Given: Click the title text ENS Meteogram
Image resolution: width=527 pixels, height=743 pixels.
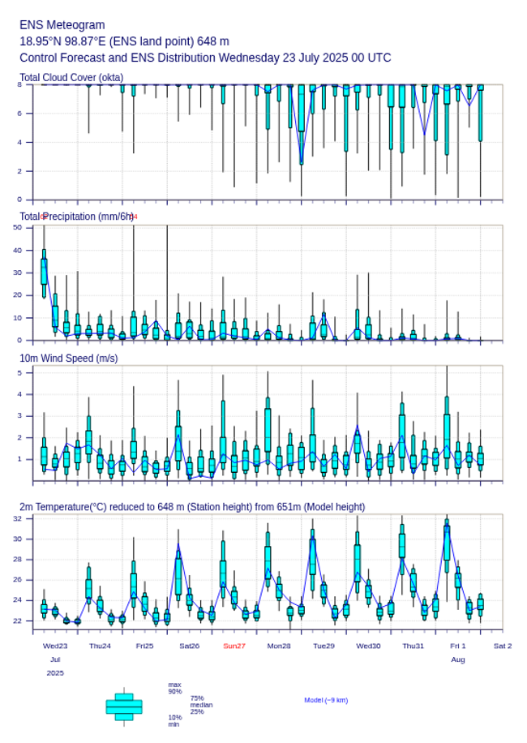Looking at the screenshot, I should (62, 25).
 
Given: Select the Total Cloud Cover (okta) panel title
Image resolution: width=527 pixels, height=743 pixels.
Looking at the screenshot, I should (71, 78).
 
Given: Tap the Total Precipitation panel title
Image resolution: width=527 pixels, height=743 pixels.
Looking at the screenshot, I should (77, 217).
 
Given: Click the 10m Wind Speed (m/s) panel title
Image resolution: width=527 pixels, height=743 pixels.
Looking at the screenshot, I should (68, 358).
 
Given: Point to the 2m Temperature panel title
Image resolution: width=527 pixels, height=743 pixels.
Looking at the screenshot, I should (192, 507).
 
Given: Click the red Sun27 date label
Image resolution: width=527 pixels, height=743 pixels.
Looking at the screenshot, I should (234, 646).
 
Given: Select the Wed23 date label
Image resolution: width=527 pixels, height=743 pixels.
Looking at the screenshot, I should (55, 646).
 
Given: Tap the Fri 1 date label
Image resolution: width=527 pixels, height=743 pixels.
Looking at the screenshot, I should (458, 646).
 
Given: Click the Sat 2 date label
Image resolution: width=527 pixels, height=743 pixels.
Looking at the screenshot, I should (503, 646).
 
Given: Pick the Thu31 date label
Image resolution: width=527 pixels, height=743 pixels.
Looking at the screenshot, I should (413, 646).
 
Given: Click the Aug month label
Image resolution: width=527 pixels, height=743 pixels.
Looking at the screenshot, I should (458, 659).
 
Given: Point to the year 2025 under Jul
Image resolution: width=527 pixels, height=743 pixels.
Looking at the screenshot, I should (55, 673).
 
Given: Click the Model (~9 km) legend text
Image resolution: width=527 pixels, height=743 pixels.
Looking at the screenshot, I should (326, 700).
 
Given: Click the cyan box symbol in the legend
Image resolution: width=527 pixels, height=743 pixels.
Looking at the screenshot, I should (124, 706).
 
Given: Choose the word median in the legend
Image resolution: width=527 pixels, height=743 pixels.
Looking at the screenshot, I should (201, 705).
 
